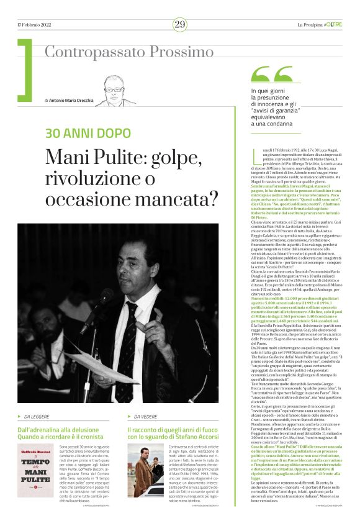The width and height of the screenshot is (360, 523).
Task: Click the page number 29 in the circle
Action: coord(180,24)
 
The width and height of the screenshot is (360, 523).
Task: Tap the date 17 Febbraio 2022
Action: coord(35,24)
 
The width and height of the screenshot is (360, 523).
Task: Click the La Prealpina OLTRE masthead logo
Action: coord(319,24)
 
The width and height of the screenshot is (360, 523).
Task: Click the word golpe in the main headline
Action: coord(181,157)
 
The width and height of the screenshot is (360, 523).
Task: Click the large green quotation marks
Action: coord(271,75)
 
